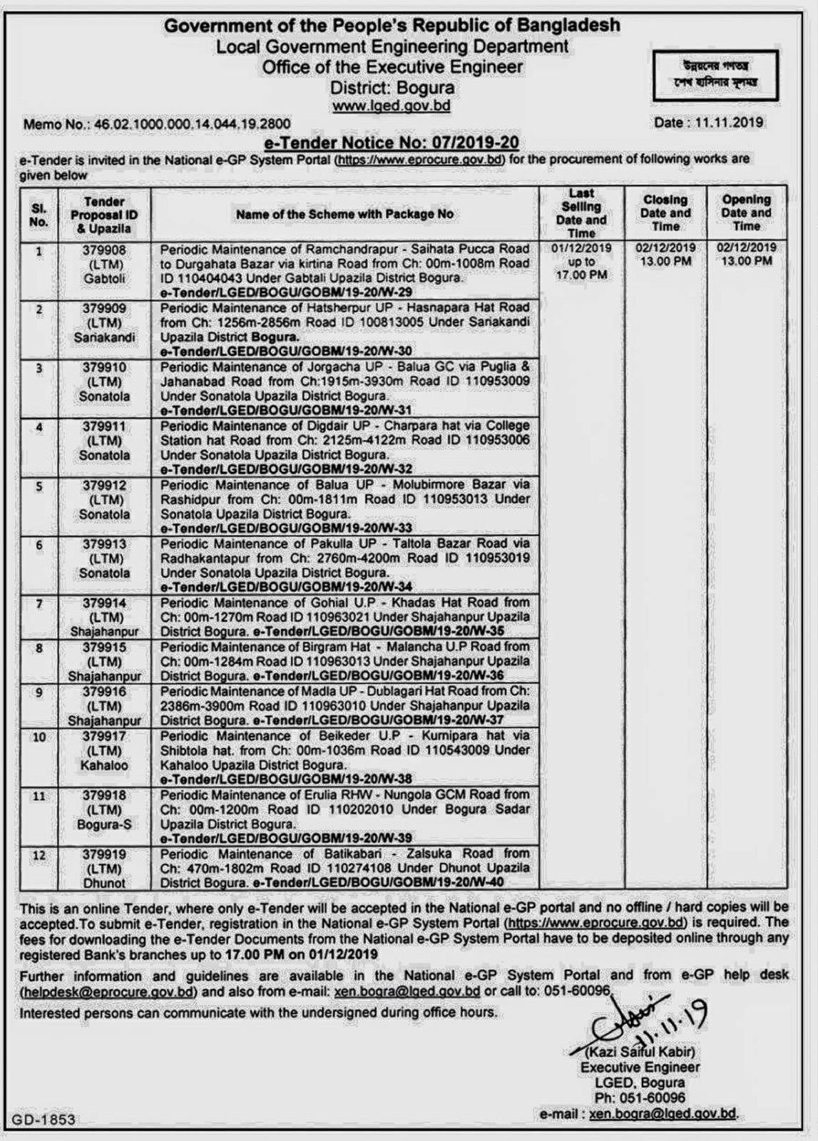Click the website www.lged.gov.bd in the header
click(x=392, y=106)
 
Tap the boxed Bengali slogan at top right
click(x=715, y=75)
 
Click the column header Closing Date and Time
click(x=665, y=213)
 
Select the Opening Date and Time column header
click(x=746, y=213)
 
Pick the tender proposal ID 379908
click(x=104, y=250)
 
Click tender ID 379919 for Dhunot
click(x=104, y=854)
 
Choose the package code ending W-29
click(x=286, y=292)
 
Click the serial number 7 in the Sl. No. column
click(x=39, y=604)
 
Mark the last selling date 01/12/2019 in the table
click(x=581, y=248)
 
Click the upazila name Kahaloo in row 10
click(x=104, y=765)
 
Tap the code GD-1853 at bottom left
click(x=43, y=1120)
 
